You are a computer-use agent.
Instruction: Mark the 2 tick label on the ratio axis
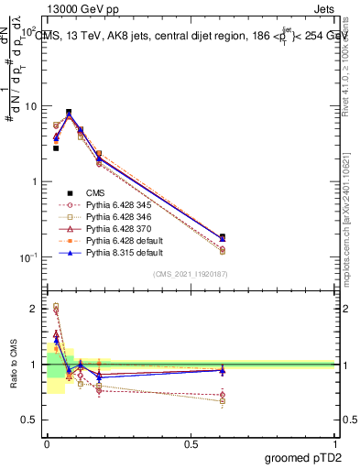point(35,309)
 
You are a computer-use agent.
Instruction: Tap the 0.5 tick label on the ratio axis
point(30,420)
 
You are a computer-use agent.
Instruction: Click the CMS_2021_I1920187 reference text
point(191,275)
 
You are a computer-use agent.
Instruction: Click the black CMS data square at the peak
point(69,112)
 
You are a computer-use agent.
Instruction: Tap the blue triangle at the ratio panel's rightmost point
point(223,370)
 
